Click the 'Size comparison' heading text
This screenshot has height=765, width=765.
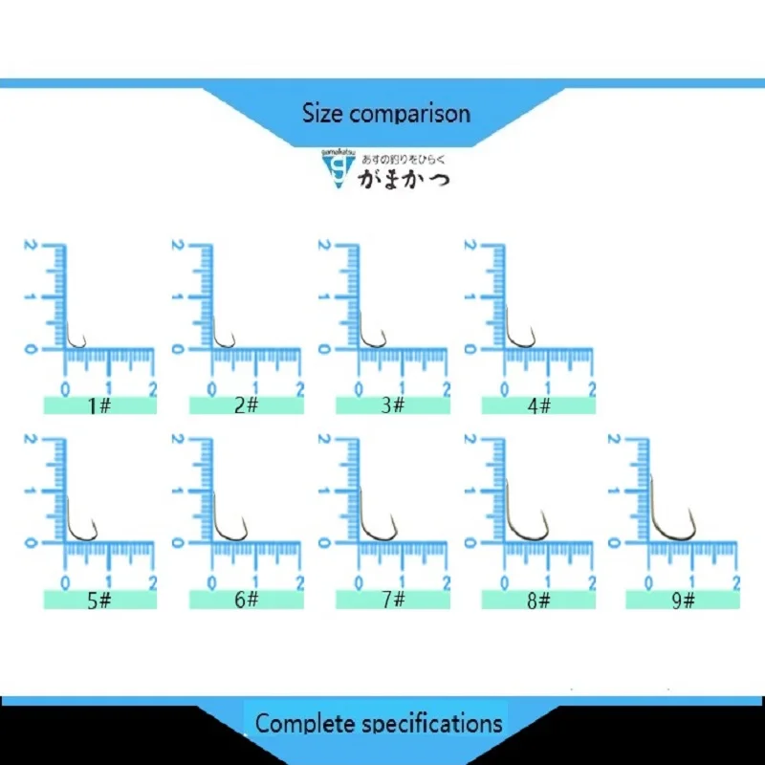tap(386, 114)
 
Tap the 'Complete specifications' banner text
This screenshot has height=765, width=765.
tap(379, 723)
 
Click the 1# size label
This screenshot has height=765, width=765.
tap(99, 405)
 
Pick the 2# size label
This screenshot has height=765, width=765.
tap(246, 405)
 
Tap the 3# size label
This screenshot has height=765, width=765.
tap(392, 405)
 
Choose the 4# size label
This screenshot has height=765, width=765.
tap(538, 405)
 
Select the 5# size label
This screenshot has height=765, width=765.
tap(99, 600)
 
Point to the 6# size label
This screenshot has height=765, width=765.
tap(246, 600)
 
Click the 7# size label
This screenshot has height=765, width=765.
tap(392, 600)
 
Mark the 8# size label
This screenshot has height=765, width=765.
tap(538, 600)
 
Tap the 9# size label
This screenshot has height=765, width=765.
tap(683, 600)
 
